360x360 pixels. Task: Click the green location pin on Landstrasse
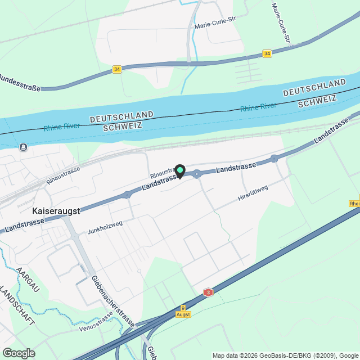click(180, 170)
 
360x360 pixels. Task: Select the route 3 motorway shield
click(209, 292)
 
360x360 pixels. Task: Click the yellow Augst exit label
click(183, 314)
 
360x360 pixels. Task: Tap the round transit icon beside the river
click(22, 147)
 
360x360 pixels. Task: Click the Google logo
click(19, 353)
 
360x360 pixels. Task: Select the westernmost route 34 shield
click(116, 69)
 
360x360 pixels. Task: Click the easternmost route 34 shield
click(267, 54)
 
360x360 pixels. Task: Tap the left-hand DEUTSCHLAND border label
click(121, 116)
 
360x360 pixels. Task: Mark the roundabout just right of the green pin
click(197, 174)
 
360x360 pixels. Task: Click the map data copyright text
click(285, 355)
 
